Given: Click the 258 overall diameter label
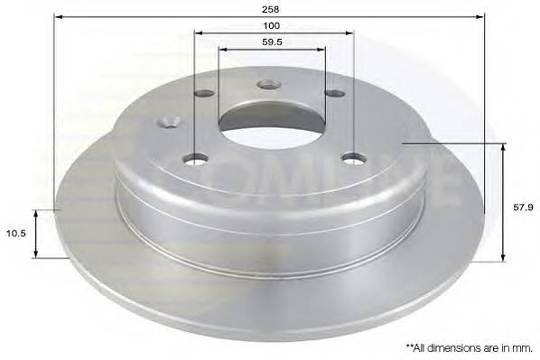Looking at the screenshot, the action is (x=270, y=9).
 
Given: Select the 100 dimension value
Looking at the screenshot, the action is (x=272, y=25).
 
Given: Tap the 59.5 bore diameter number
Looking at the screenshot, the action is (x=272, y=42).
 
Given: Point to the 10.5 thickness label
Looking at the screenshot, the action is (x=16, y=234).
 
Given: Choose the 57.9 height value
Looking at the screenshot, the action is (x=523, y=208).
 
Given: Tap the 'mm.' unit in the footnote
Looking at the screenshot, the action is (x=524, y=348).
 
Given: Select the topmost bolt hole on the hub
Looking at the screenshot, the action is (x=270, y=84).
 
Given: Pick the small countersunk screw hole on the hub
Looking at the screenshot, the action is (x=169, y=122).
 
